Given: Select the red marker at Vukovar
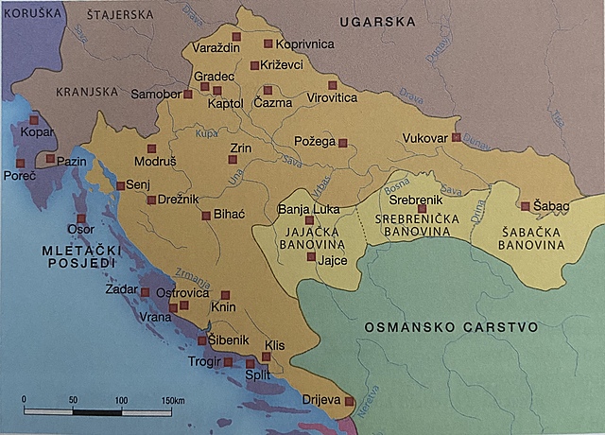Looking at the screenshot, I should pyautogui.click(x=456, y=137).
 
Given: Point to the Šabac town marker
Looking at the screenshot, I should pyautogui.click(x=525, y=206).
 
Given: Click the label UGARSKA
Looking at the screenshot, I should pyautogui.click(x=379, y=20).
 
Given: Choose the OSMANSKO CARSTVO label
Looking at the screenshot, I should pyautogui.click(x=451, y=327).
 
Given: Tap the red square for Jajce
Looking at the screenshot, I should pyautogui.click(x=311, y=256).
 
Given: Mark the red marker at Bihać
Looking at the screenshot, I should pyautogui.click(x=205, y=216).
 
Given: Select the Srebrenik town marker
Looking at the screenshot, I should pyautogui.click(x=422, y=208).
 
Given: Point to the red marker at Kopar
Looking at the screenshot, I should pyautogui.click(x=34, y=120).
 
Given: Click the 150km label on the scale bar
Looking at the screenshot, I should pyautogui.click(x=171, y=400).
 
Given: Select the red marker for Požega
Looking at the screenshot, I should pyautogui.click(x=343, y=144).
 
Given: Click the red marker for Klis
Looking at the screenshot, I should pyautogui.click(x=266, y=357).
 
